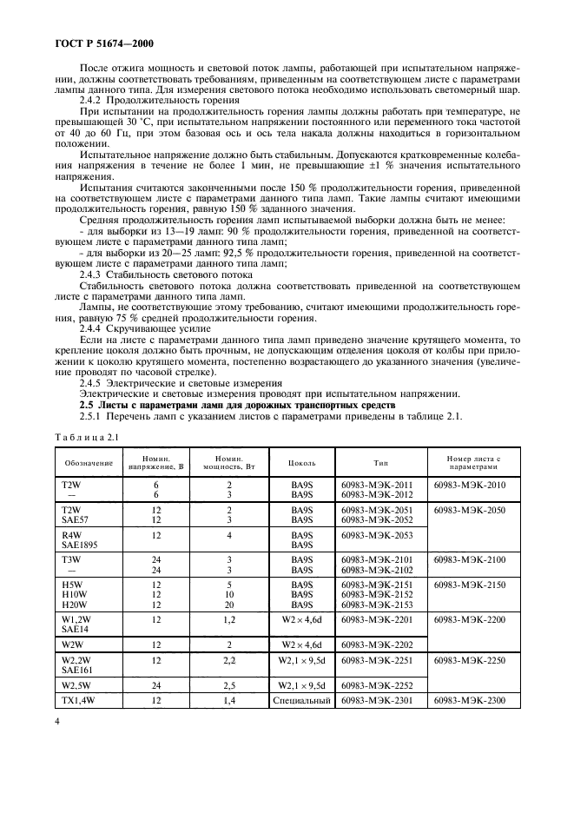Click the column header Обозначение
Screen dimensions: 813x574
85,463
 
